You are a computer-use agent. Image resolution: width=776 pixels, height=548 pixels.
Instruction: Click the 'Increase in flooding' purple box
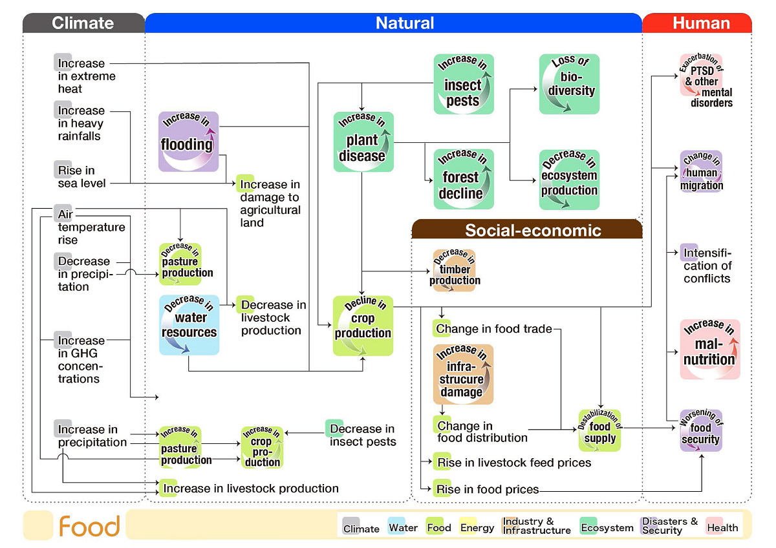pos(188,142)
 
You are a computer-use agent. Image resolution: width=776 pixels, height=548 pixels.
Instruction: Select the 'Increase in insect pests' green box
pos(463,84)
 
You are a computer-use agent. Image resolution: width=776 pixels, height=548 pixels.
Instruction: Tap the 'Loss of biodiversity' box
pos(569,84)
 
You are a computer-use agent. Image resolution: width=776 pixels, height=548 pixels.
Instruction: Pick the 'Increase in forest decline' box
pos(463,179)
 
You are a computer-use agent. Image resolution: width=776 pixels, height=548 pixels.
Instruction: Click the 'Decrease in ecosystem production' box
pos(569,179)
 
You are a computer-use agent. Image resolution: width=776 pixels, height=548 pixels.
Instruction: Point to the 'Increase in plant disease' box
pos(363,142)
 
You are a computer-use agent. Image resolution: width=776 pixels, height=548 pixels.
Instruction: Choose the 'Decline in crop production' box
pos(363,326)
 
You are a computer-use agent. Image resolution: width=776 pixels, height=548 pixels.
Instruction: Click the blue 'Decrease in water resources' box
pos(189,324)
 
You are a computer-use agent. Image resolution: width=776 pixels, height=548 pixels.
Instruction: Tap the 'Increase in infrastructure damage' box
pos(462,375)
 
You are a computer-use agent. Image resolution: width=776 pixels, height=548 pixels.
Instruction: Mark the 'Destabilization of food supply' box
pos(599,430)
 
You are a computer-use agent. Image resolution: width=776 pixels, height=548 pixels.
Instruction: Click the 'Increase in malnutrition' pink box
pos(709,349)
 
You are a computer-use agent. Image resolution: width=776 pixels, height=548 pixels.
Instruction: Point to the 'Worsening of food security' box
pos(700,430)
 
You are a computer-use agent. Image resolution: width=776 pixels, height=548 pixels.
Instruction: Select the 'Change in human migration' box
pos(701,172)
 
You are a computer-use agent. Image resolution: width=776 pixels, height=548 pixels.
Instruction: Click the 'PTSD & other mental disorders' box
pos(701,84)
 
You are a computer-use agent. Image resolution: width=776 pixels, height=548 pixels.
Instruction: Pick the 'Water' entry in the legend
pos(404,527)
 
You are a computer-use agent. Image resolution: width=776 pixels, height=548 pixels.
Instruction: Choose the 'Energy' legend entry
pos(477,527)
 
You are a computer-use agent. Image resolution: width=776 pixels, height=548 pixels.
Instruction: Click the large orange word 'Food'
pos(89,526)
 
